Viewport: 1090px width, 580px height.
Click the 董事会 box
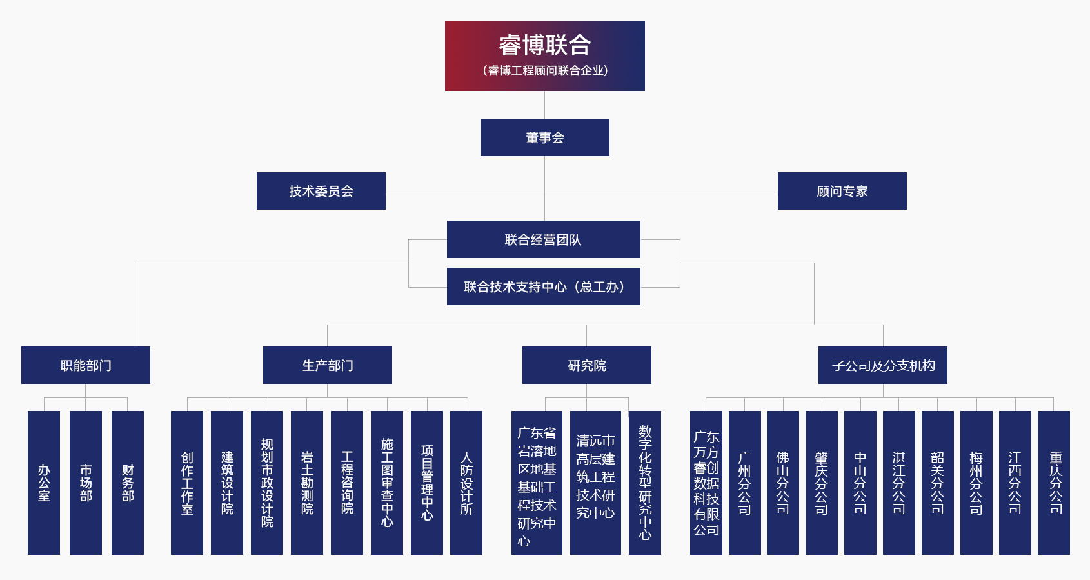tap(544, 137)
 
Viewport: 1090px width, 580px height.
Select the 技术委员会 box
tap(321, 191)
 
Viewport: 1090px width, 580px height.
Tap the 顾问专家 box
tap(842, 191)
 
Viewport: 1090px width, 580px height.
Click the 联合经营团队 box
tap(543, 239)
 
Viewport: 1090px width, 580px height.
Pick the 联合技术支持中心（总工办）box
tap(543, 286)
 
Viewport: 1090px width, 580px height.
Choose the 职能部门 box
tap(85, 365)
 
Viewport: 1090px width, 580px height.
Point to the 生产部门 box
tap(327, 365)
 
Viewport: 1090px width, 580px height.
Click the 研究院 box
tap(586, 365)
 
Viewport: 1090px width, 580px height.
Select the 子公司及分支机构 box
tap(882, 365)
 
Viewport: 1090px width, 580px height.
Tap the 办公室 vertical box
tap(44, 483)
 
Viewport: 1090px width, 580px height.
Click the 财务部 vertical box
tap(128, 483)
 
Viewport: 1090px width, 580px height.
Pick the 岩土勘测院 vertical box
tap(307, 483)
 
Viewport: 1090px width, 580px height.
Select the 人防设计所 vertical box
tap(466, 483)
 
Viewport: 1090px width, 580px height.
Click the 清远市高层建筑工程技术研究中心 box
tap(595, 483)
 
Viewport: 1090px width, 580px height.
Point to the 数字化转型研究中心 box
tap(645, 483)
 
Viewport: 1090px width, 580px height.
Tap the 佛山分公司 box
tap(783, 483)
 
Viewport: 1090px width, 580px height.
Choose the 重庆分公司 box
tap(1054, 483)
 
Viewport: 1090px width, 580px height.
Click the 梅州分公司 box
tap(976, 483)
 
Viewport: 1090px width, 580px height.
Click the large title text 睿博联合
tap(544, 45)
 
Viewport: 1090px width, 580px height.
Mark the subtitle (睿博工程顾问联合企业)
tap(544, 70)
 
